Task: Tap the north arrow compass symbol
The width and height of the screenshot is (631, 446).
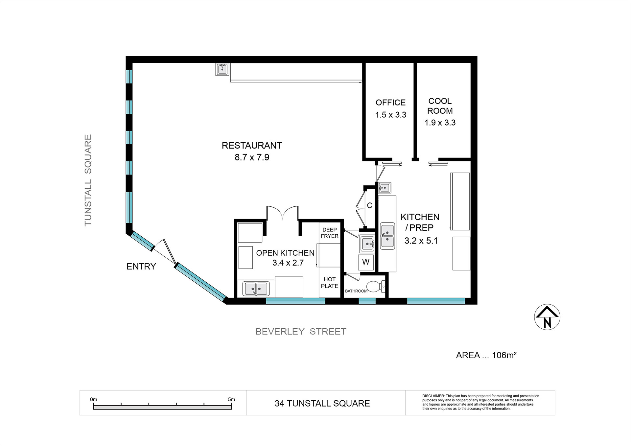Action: [547, 317]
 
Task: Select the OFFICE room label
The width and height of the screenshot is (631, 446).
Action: [390, 103]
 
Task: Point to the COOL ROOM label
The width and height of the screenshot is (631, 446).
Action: [440, 106]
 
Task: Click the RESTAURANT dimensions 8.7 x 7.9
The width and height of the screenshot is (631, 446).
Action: [252, 157]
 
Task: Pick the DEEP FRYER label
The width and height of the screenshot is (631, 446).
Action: [330, 233]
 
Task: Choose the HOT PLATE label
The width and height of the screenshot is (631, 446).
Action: [330, 283]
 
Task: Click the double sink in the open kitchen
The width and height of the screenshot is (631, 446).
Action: [256, 289]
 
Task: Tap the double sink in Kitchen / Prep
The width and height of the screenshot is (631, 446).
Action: [387, 236]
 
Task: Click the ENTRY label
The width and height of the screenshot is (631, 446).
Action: [141, 267]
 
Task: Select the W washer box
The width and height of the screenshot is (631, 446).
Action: [366, 262]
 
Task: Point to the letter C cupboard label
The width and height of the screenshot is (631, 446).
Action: [370, 205]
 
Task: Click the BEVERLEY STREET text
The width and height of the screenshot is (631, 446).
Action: [301, 332]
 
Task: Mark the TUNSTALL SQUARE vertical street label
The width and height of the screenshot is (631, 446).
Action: [88, 180]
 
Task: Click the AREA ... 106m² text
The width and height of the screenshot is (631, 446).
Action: [486, 355]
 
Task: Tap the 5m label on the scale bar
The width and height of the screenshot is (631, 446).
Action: [232, 399]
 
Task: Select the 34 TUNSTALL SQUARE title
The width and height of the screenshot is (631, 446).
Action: [322, 403]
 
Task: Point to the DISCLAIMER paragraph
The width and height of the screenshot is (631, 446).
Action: [481, 402]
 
